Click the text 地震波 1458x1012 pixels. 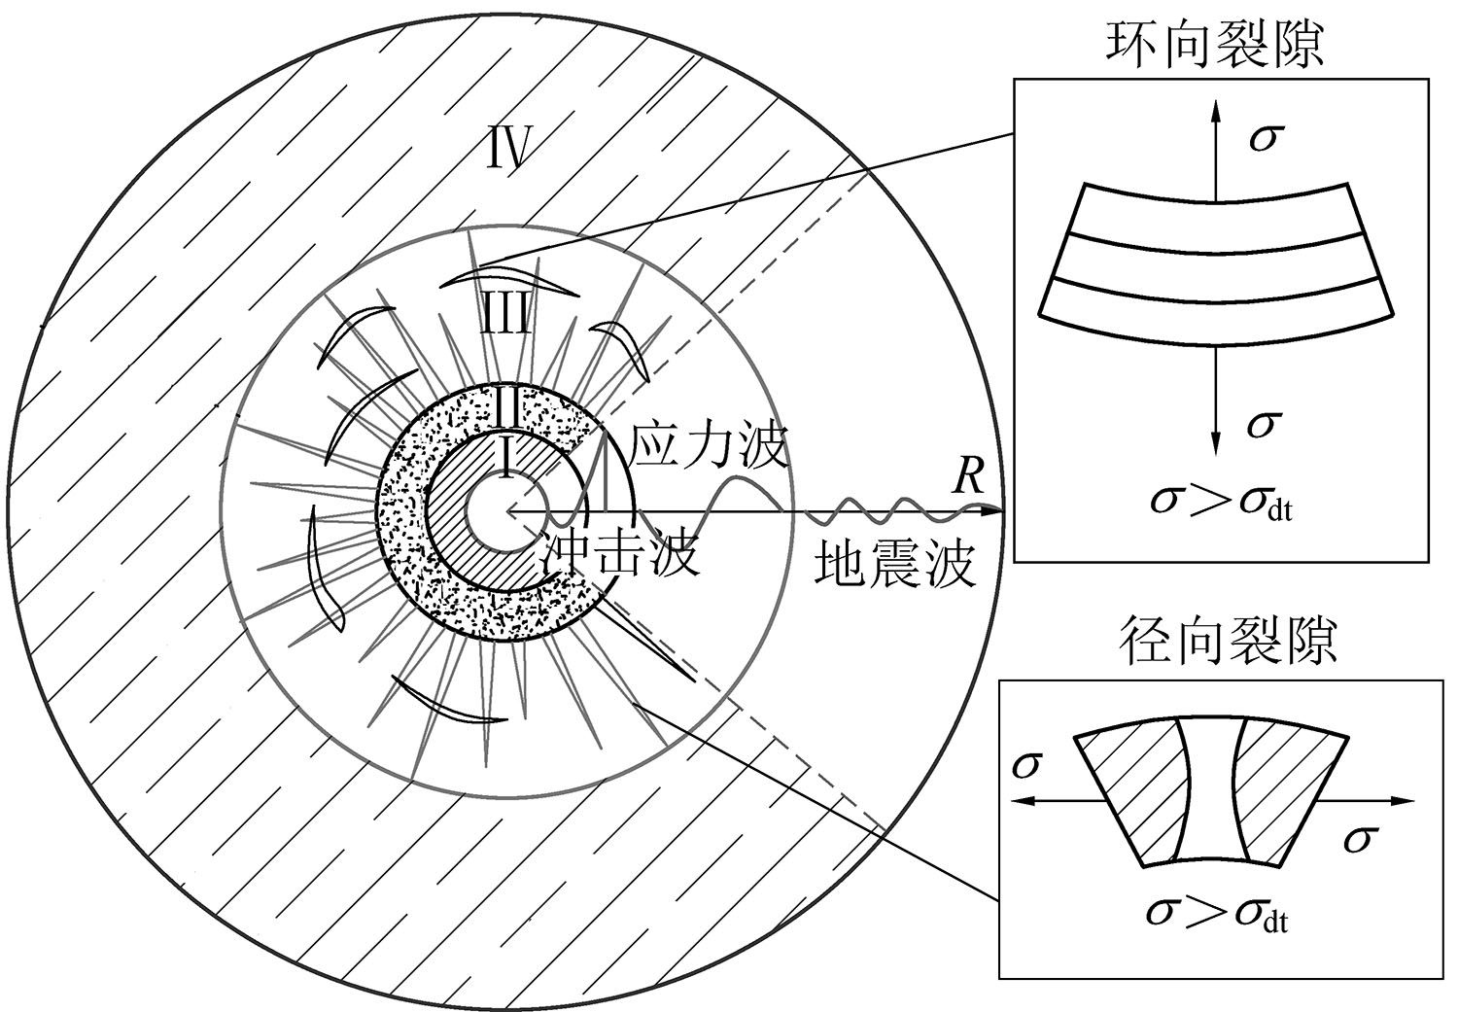click(x=895, y=566)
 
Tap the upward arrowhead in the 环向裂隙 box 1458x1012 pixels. click(x=1215, y=112)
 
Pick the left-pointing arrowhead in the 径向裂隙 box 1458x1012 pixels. click(x=1022, y=802)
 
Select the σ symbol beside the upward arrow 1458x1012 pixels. click(x=1264, y=138)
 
